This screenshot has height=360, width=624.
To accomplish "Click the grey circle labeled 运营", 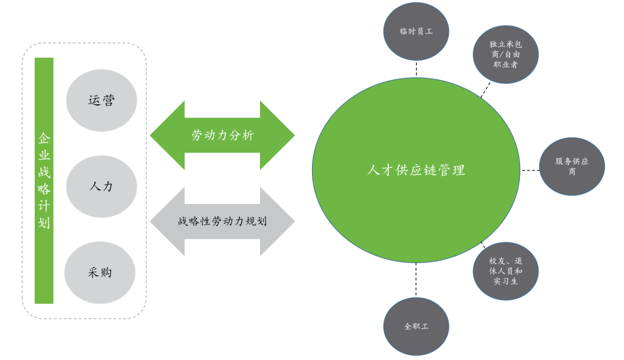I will [x=102, y=101].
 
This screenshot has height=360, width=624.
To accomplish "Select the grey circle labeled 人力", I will [x=102, y=186].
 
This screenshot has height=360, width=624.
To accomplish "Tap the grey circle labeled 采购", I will [x=100, y=272].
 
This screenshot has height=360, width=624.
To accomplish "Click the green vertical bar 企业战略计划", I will [x=44, y=180].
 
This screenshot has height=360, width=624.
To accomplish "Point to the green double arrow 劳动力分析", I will [x=222, y=136].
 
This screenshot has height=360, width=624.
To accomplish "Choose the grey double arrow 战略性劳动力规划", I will [x=222, y=221].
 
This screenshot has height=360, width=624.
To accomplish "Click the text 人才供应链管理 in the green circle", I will [x=416, y=170].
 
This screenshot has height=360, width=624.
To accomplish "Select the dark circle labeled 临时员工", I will [x=416, y=32].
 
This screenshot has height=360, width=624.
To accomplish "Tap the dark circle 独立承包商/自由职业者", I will [x=506, y=54].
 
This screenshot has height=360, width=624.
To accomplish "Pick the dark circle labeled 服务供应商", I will [x=571, y=166].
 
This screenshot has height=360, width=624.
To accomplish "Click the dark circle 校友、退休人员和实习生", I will [x=506, y=270].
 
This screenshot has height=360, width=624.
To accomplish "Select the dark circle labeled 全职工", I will [x=416, y=326].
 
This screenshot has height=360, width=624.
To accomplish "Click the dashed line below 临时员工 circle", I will [x=416, y=68].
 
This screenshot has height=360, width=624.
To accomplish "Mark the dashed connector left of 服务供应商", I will [x=529, y=170].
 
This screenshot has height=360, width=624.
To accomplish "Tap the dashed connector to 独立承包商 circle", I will [x=486, y=89].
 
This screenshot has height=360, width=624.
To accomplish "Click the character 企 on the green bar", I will [x=44, y=139].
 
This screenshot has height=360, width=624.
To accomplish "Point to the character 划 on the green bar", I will [x=44, y=222].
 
